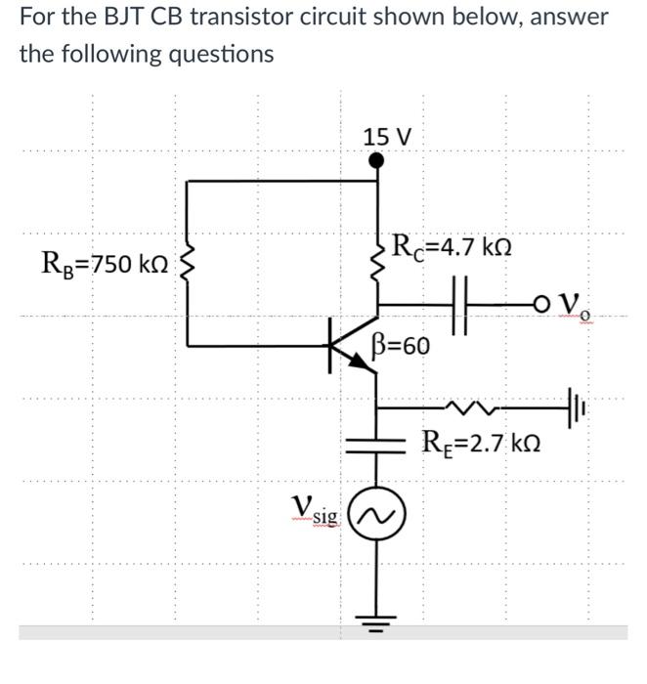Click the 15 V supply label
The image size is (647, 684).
[388, 137]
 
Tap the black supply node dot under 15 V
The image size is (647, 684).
[378, 162]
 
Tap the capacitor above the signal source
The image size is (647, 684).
[378, 443]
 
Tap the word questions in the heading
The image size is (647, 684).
[214, 54]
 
